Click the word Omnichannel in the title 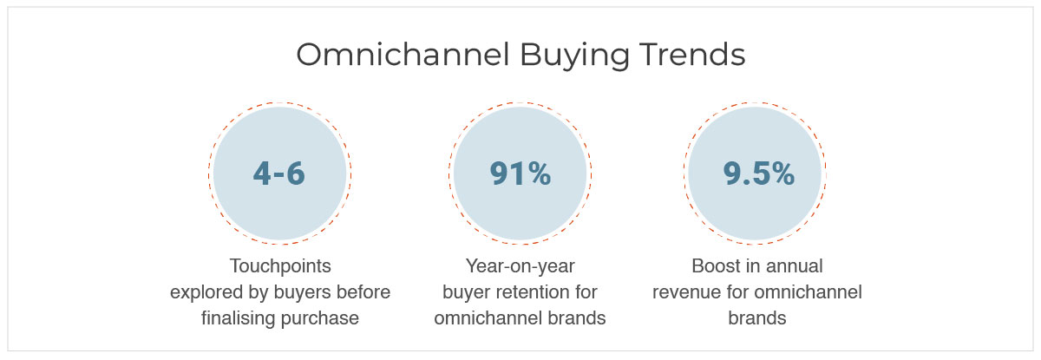coord(403,55)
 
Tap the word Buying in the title coord(574,56)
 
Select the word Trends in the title coord(692,55)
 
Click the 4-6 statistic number coord(278,173)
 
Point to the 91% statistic coord(520,173)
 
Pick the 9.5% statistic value coord(758,173)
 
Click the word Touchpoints coord(280,266)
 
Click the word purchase coord(320,319)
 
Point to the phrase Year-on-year coord(520,266)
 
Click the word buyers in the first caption coord(302,292)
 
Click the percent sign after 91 coord(540,173)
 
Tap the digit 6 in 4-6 coord(296,173)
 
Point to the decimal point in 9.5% coord(746,182)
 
